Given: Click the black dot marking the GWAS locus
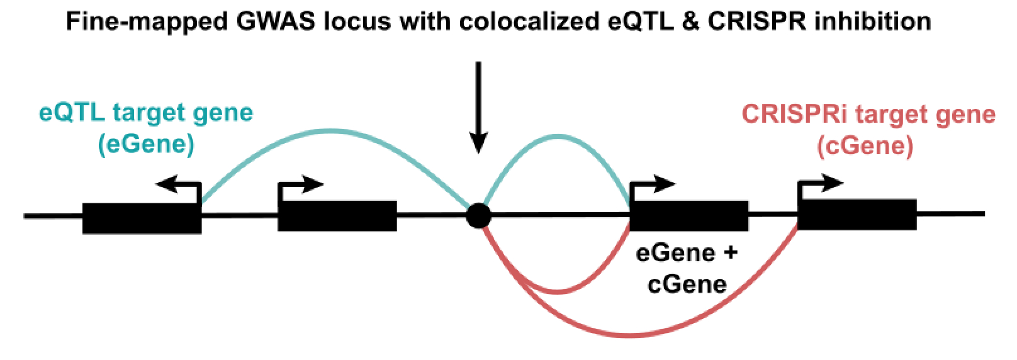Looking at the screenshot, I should (x=479, y=216).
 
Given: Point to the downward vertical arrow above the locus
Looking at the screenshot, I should (x=479, y=107).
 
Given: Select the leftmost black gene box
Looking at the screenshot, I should (x=142, y=218).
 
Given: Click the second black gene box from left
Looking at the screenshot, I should (x=337, y=216).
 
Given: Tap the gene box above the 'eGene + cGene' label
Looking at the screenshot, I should (x=689, y=216).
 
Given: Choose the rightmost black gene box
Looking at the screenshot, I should (x=857, y=215).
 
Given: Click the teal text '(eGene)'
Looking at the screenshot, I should (x=146, y=144).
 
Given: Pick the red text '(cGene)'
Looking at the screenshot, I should (x=865, y=146).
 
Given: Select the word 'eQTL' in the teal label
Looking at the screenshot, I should (x=72, y=113).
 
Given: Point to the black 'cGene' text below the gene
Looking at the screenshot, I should (x=687, y=284).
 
